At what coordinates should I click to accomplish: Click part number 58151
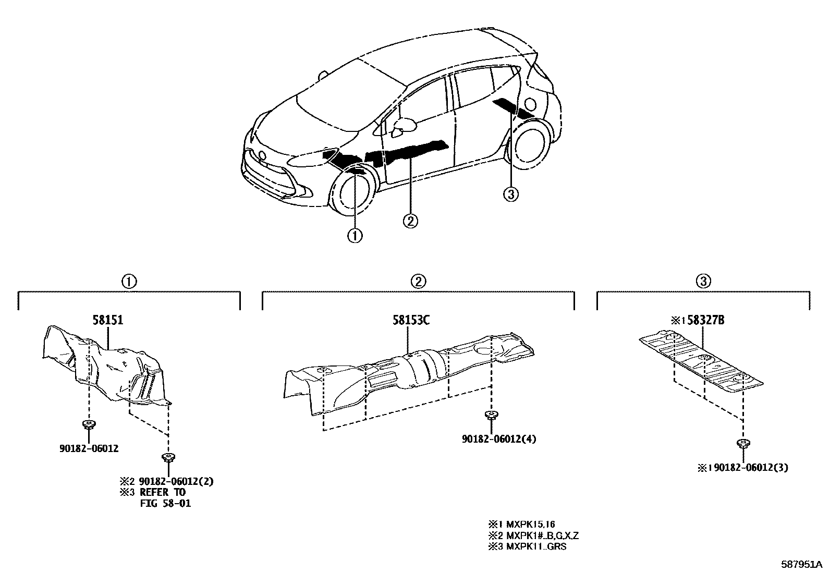point(108,320)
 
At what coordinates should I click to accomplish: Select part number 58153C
point(411,320)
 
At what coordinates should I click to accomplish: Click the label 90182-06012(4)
point(498,439)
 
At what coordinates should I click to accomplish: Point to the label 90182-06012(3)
point(751,468)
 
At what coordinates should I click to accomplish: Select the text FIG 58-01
point(165,504)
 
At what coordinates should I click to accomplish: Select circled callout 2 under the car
point(410,221)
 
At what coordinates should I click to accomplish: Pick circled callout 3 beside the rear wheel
point(510,194)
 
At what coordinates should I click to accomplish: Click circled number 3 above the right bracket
point(703,282)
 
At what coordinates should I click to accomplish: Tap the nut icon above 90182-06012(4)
point(490,416)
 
